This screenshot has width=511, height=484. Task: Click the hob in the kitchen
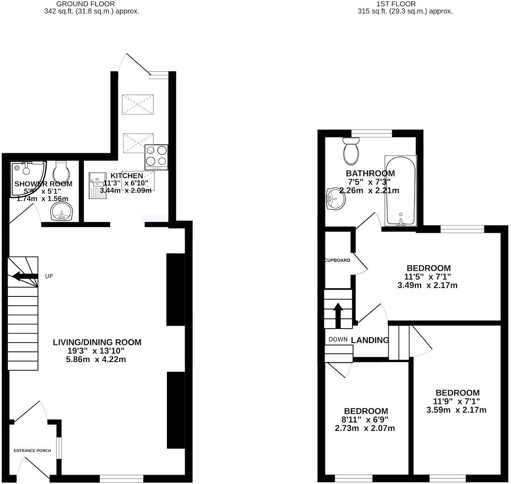[x=156, y=157]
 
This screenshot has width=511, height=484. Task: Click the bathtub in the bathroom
[x=400, y=191]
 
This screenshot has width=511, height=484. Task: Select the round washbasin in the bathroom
[x=336, y=200]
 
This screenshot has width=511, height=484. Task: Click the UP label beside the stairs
[x=49, y=276]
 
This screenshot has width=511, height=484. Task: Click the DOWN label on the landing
[x=338, y=339]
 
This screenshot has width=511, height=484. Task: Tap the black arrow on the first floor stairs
[x=338, y=314]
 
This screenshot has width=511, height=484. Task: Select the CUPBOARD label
[x=338, y=260]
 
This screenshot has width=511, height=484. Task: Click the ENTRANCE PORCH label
[x=32, y=450]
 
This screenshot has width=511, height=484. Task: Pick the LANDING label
[x=370, y=340]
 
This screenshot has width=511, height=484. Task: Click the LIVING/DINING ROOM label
[x=97, y=342]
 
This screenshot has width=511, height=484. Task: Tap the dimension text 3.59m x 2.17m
[x=456, y=410]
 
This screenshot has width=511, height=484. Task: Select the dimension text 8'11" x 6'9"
[x=366, y=420]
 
